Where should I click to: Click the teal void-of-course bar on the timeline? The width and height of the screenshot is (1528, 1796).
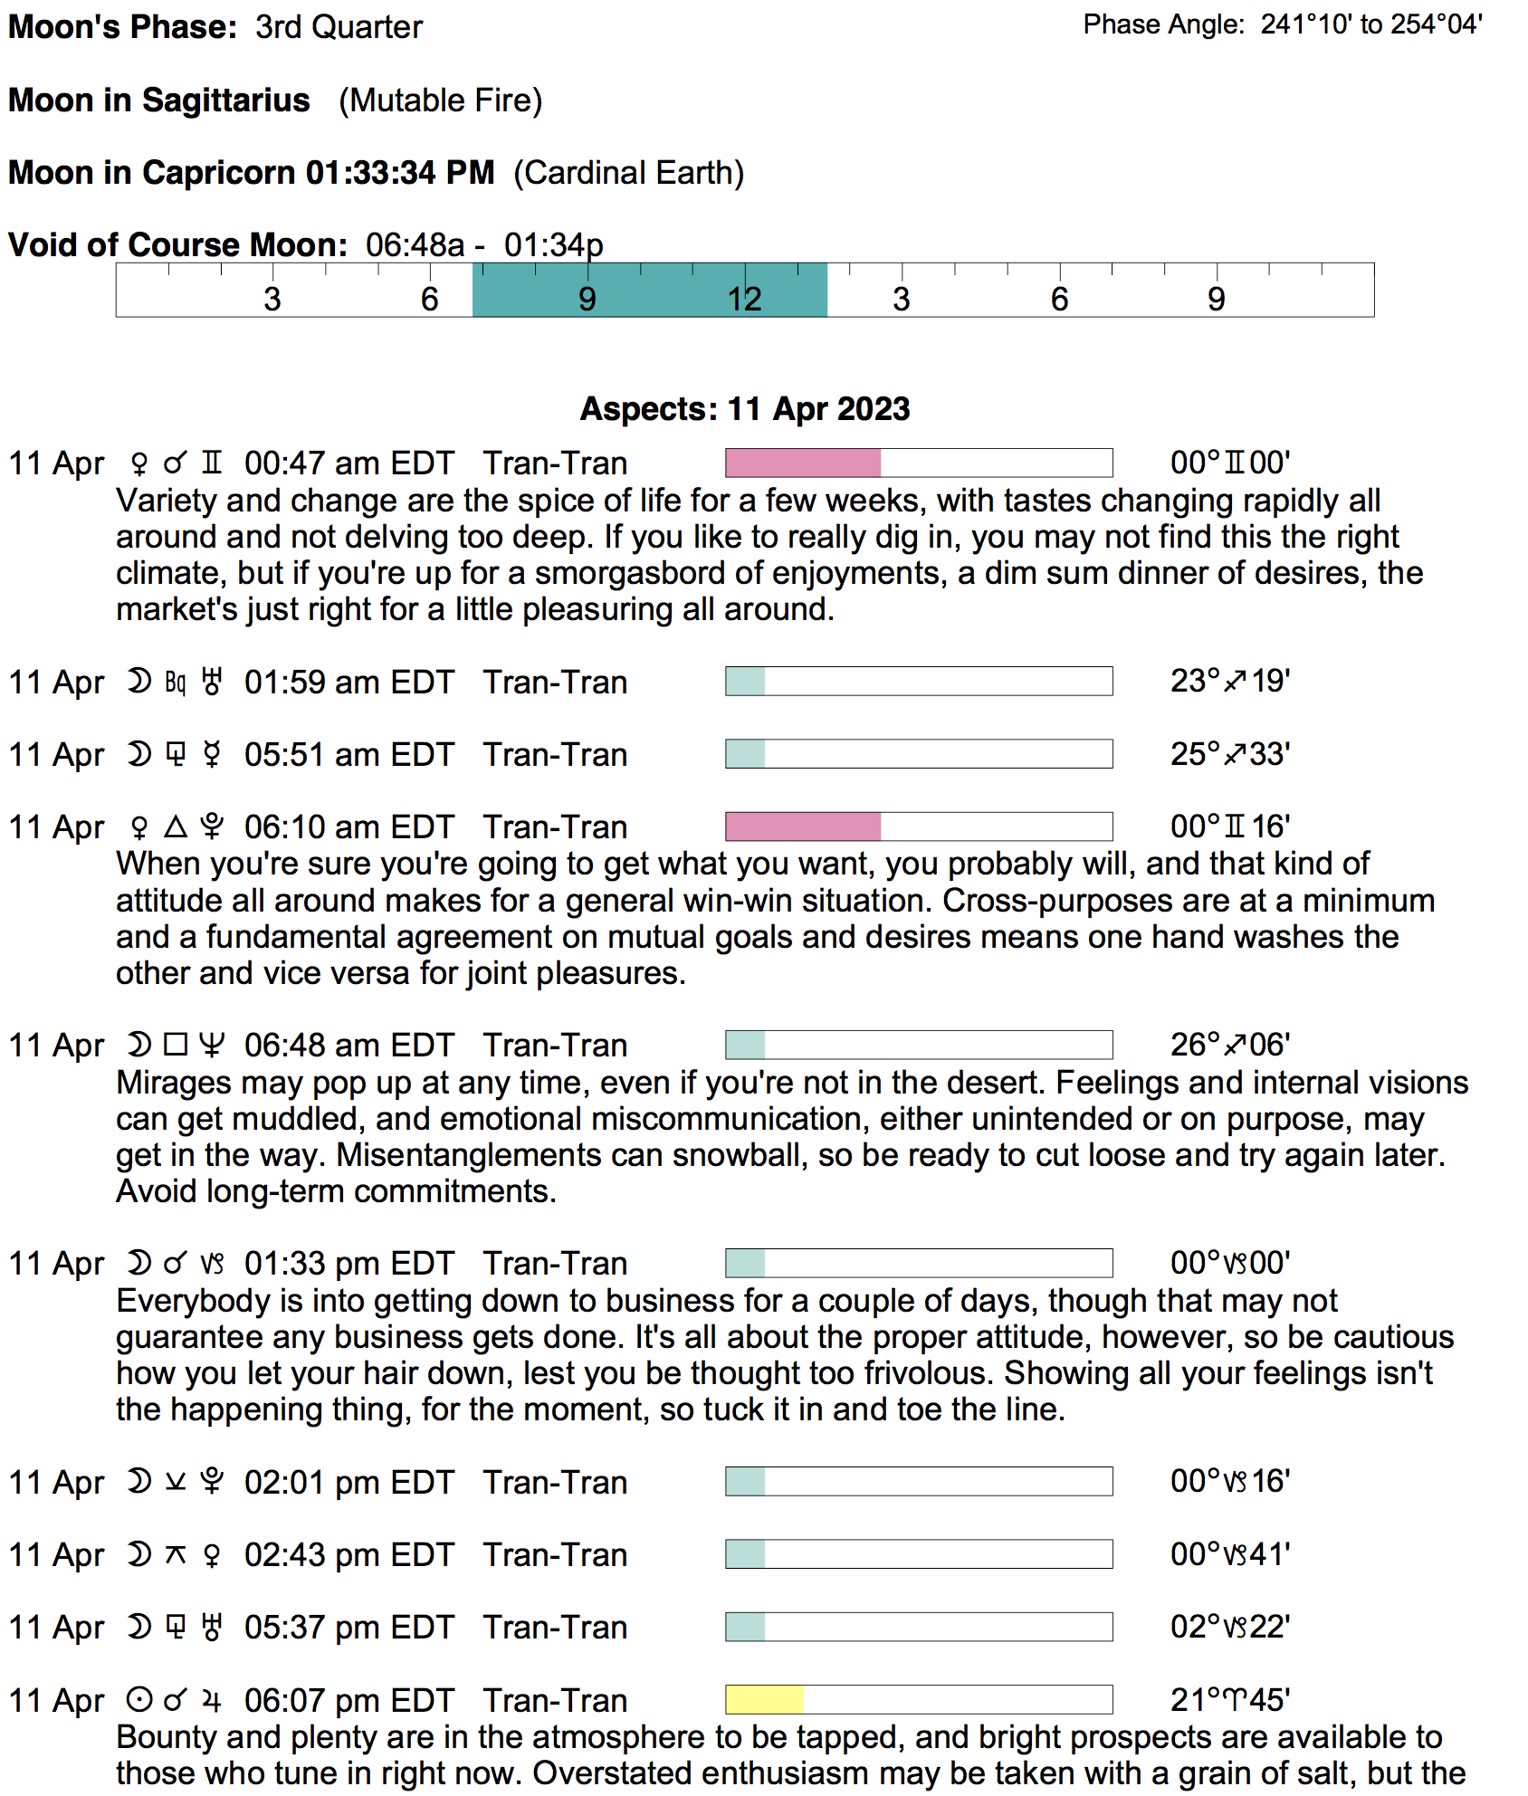point(649,291)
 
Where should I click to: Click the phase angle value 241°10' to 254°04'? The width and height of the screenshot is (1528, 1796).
point(1371,24)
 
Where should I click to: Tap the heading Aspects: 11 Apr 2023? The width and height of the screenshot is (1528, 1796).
point(744,409)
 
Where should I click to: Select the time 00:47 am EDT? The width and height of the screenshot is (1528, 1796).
point(349,463)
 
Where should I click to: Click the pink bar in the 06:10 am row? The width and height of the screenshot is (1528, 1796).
point(802,826)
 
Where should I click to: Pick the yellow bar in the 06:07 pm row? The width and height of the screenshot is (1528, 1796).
point(764,1699)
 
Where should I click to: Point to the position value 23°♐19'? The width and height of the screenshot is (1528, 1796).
point(1229,681)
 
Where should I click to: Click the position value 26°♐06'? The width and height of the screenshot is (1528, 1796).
point(1229,1045)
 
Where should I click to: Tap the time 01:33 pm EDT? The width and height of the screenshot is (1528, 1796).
point(349,1264)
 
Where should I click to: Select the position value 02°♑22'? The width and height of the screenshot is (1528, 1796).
point(1229,1627)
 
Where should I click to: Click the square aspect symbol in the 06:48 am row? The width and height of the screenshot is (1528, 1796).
point(176,1045)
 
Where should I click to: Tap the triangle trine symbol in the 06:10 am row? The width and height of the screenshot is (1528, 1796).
point(176,826)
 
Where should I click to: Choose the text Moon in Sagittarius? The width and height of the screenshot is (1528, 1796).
point(159,100)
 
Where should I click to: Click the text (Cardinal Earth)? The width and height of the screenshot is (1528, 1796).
point(628,173)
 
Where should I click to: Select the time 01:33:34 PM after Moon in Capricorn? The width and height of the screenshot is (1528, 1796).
point(400,173)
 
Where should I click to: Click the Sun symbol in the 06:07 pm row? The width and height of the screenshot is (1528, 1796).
point(138,1700)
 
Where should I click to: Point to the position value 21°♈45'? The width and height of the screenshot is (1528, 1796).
point(1229,1700)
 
